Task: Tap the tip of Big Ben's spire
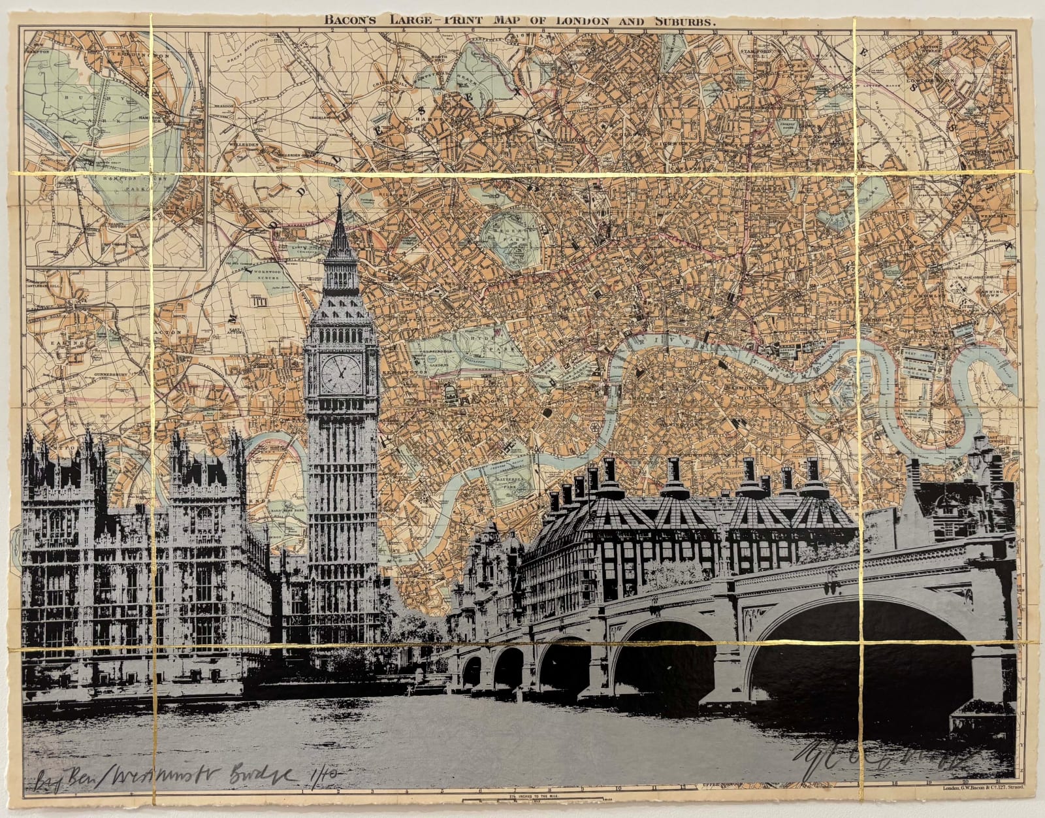coord(340,178)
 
